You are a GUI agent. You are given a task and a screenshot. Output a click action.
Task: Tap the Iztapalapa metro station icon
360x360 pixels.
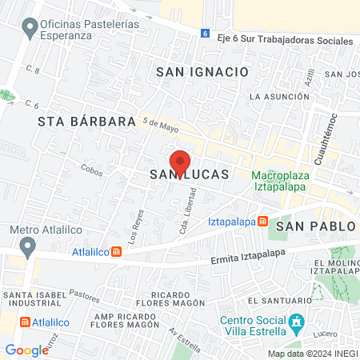(261, 221)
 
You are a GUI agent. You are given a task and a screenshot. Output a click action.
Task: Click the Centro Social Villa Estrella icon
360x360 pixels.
(297, 325)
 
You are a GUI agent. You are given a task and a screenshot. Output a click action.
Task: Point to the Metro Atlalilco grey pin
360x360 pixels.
(29, 246)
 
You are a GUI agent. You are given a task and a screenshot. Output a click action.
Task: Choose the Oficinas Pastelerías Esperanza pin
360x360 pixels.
(30, 29)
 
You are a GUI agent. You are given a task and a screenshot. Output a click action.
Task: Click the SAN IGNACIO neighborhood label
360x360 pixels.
(202, 71)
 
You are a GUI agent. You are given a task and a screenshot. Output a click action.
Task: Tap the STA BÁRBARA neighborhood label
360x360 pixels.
(86, 122)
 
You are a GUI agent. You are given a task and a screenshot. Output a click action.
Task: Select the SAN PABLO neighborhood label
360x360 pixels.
(315, 226)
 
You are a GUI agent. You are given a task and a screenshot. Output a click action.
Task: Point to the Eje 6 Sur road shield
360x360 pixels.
(205, 34)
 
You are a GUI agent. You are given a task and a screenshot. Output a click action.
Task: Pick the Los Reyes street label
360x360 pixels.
(137, 226)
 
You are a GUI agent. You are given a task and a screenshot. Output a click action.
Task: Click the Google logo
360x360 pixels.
(26, 350)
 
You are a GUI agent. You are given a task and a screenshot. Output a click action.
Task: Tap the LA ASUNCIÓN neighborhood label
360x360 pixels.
(278, 96)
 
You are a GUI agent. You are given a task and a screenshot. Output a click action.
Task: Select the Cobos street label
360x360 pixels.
(92, 170)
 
